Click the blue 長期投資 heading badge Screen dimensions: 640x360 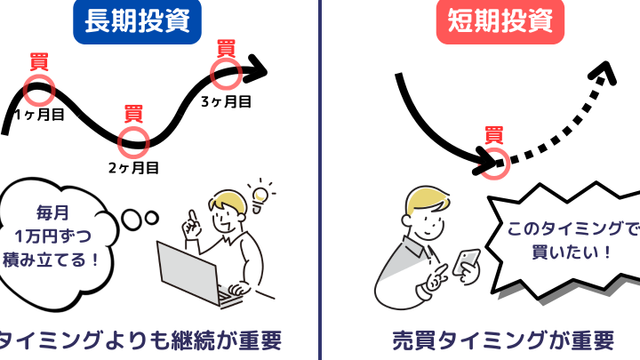(137, 21)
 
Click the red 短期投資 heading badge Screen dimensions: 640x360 (500, 21)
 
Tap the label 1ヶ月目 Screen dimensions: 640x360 (40, 115)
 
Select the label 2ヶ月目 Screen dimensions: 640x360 (133, 168)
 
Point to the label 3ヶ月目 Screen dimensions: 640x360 (226, 101)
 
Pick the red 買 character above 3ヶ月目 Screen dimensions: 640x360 (226, 49)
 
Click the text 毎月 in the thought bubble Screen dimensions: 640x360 (52, 212)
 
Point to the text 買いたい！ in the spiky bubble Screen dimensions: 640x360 (572, 252)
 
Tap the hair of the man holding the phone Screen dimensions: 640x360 (425, 199)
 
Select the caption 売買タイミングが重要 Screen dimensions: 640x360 (503, 340)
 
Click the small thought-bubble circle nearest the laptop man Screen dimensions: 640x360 (152, 218)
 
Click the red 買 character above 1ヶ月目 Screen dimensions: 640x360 (39, 61)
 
